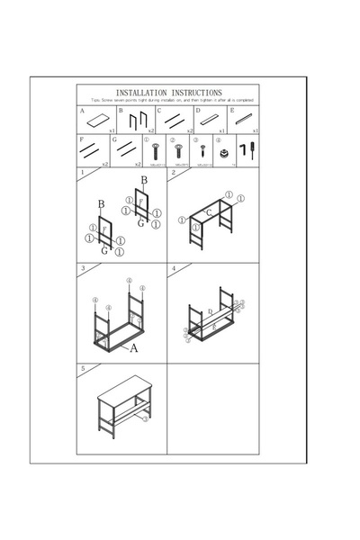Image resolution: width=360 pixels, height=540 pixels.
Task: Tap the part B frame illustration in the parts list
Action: point(137,121)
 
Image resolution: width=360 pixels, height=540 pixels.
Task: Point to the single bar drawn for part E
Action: point(244,120)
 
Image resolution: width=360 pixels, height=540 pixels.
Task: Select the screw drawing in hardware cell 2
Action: point(178,149)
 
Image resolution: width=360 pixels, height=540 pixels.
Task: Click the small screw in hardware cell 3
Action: point(202,149)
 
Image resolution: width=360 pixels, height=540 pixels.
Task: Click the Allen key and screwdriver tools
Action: point(247,148)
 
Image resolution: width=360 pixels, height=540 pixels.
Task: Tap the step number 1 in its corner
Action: point(83,174)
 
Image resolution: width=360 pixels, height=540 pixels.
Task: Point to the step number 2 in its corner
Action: point(174,173)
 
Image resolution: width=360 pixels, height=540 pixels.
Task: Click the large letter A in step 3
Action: point(133,346)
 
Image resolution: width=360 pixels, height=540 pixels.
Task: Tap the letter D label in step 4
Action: point(210,310)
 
